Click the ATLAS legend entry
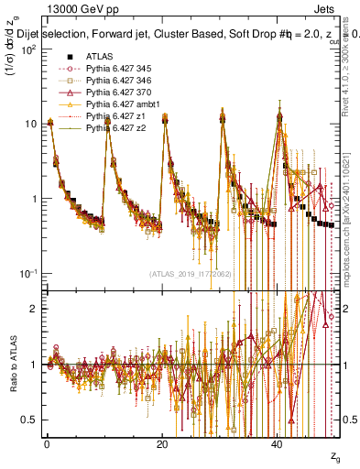(x=99, y=56)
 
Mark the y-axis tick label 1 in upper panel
(x=33, y=199)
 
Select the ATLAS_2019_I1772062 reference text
(x=190, y=274)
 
